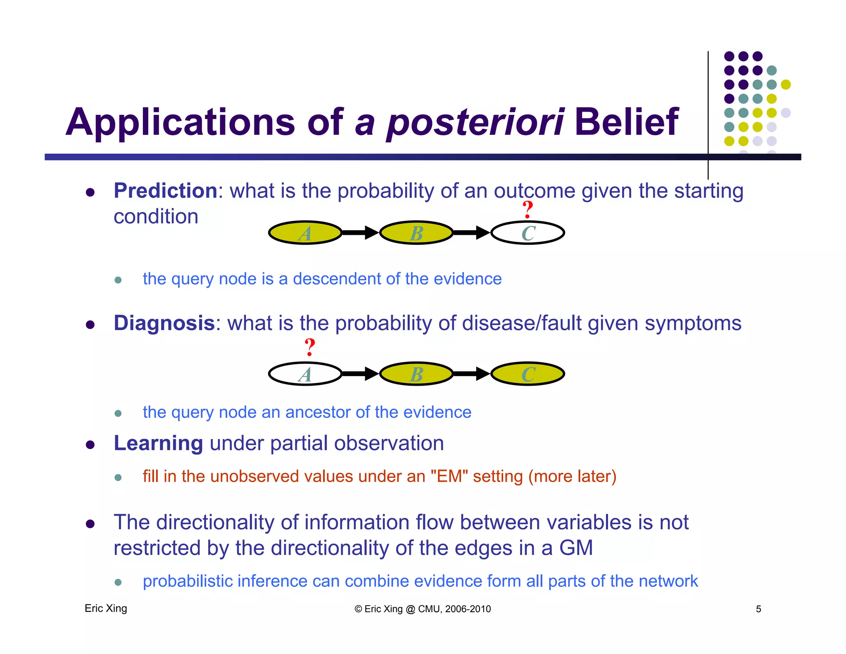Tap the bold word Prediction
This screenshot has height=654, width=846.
tap(165, 191)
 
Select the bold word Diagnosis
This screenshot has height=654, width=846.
tap(164, 323)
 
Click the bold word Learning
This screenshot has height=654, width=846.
tap(158, 443)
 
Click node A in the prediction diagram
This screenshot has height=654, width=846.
tap(305, 233)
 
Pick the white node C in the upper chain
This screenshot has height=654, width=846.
tap(528, 233)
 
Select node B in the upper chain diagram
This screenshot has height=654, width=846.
tap(416, 233)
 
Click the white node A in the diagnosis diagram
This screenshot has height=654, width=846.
tap(305, 374)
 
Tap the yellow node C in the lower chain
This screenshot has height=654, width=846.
tap(528, 374)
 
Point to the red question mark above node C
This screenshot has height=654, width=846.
tap(528, 210)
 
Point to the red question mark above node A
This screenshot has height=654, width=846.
tap(309, 347)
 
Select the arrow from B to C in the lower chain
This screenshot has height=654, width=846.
tap(471, 374)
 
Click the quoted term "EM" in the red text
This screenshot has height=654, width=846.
tap(449, 476)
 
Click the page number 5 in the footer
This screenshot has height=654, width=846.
tap(758, 609)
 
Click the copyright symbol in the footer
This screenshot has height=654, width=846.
tap(358, 609)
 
